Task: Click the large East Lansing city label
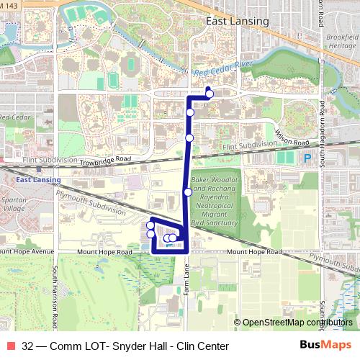(237, 21)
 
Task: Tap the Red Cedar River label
(223, 68)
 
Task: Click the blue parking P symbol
(307, 158)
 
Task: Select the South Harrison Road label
(55, 295)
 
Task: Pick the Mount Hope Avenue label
(27, 252)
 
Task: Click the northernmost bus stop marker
(209, 94)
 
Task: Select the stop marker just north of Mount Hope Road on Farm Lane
(187, 192)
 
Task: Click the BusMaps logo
(325, 345)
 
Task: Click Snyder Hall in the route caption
(128, 346)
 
